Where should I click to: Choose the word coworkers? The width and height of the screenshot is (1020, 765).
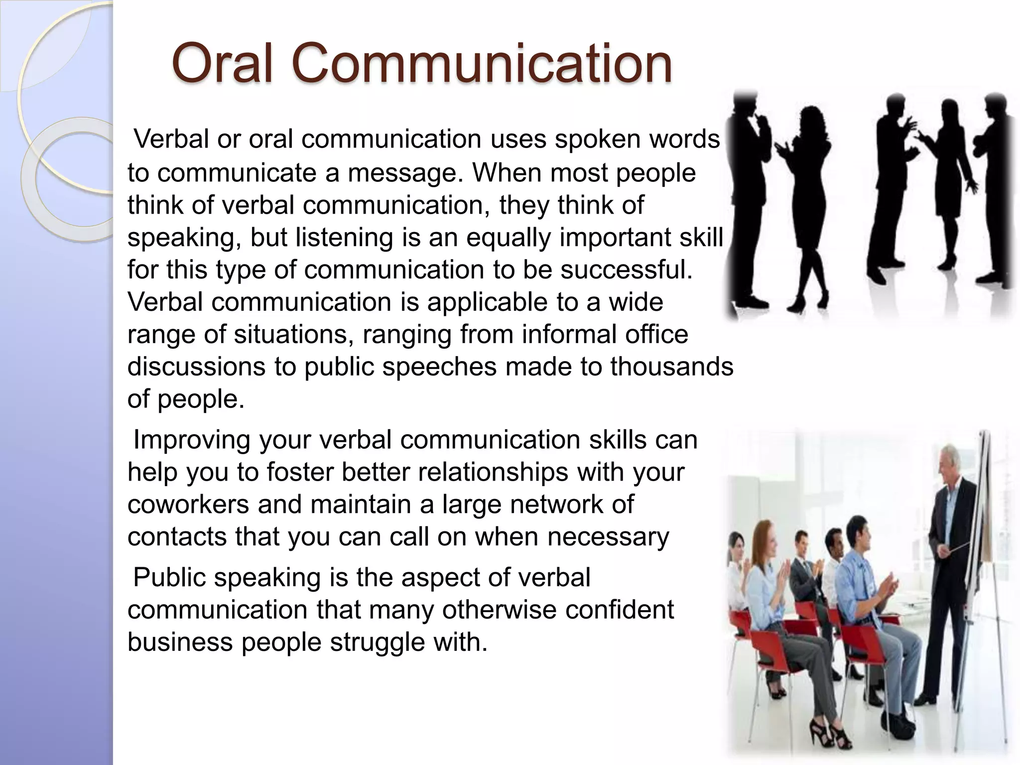tap(188, 505)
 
